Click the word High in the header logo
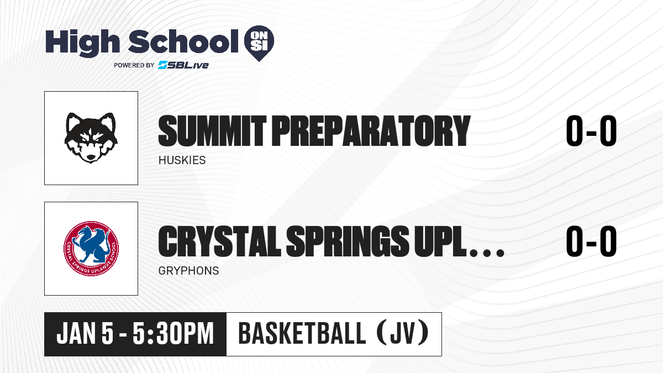(82, 43)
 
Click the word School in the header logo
(183, 41)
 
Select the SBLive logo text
(183, 65)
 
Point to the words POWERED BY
(134, 65)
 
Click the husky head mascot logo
(91, 138)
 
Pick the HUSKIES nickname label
(182, 160)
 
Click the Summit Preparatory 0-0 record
(591, 130)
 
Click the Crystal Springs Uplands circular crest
(91, 249)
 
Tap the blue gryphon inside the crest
(90, 244)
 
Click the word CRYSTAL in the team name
(220, 241)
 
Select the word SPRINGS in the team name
(348, 241)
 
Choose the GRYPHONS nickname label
(188, 271)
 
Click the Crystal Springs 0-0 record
(591, 241)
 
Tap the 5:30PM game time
(173, 334)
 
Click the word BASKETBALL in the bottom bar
(302, 334)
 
